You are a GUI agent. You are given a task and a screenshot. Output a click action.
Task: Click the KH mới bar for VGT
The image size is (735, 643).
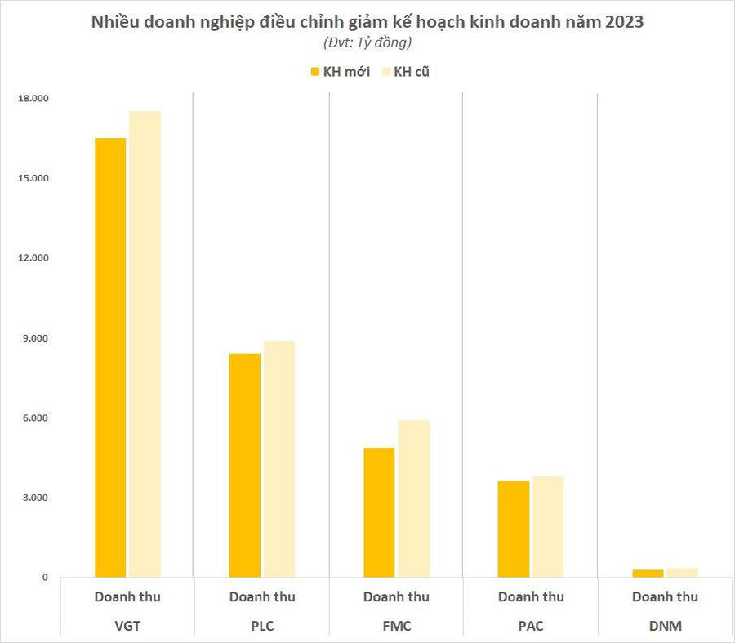tap(110, 358)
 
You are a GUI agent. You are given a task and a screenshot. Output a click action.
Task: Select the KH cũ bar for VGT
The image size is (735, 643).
tap(145, 344)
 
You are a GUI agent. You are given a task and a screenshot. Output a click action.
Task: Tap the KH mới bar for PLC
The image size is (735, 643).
tap(244, 466)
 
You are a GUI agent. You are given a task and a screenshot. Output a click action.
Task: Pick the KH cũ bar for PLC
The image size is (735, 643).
tap(278, 459)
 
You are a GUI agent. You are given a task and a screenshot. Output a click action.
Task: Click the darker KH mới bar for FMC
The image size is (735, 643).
tap(379, 512)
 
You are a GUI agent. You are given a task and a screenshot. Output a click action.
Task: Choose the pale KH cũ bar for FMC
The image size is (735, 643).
tap(413, 498)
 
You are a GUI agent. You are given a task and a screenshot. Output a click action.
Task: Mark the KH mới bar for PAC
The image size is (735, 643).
tap(513, 529)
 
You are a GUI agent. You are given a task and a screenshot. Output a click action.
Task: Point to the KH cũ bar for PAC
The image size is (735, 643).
tap(547, 527)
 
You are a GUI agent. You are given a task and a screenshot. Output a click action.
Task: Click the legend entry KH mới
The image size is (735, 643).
tap(340, 72)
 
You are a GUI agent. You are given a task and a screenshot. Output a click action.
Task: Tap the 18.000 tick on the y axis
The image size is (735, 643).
tap(34, 99)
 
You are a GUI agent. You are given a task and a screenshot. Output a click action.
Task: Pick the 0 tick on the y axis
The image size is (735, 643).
tap(46, 578)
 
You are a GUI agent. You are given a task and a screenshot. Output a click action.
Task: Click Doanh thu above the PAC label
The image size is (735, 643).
tap(531, 597)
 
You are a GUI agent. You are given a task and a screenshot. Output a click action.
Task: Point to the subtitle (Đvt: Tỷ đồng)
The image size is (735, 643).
tap(367, 42)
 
